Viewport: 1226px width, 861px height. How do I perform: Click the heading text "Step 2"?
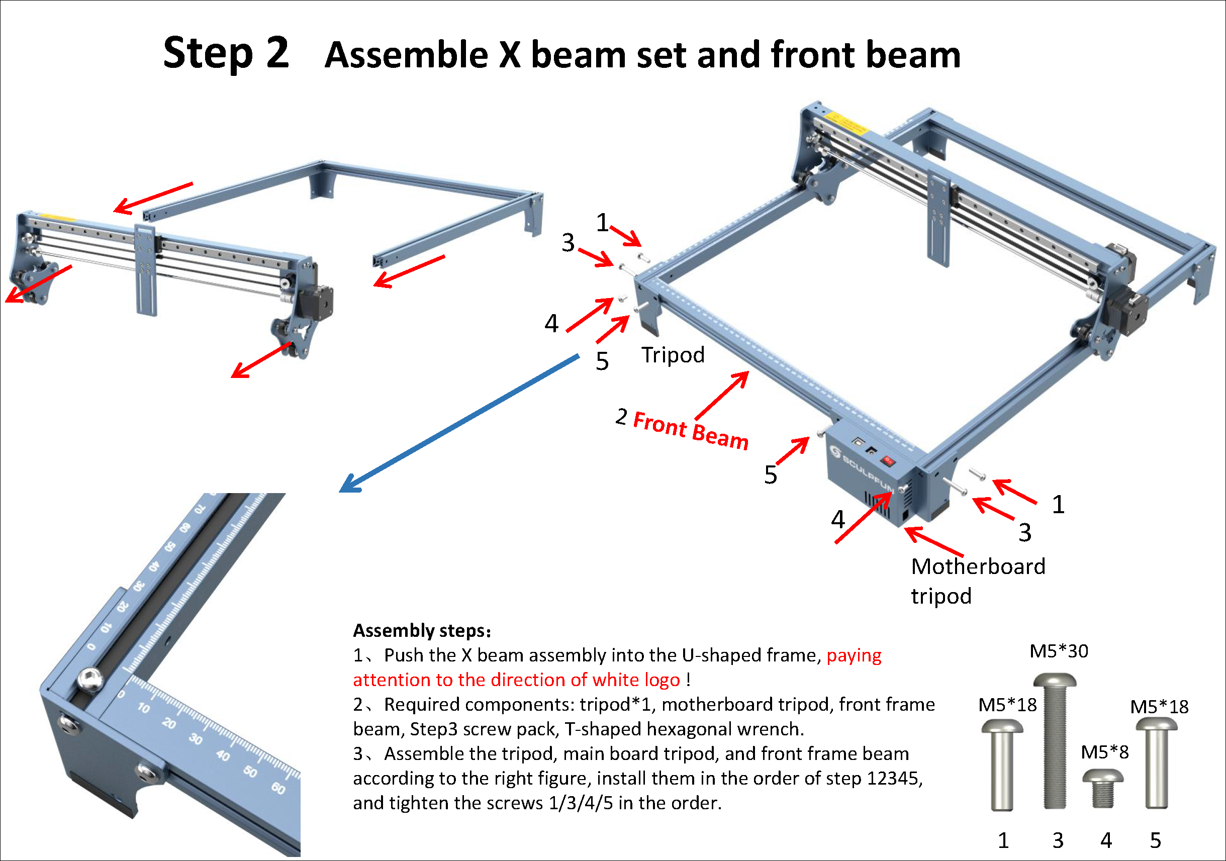pyautogui.click(x=226, y=54)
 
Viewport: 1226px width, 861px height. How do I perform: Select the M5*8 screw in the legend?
pyautogui.click(x=1103, y=789)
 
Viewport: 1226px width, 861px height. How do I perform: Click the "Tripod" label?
pyautogui.click(x=673, y=355)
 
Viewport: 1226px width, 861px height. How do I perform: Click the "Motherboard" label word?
pyautogui.click(x=978, y=566)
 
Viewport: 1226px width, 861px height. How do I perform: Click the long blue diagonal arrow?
pyautogui.click(x=459, y=423)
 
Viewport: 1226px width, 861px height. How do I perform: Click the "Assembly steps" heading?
pyautogui.click(x=422, y=631)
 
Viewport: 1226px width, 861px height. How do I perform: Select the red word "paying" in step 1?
pyautogui.click(x=854, y=656)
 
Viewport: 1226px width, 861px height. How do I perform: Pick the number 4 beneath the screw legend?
pyautogui.click(x=1106, y=841)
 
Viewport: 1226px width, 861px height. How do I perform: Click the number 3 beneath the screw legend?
pyautogui.click(x=1058, y=841)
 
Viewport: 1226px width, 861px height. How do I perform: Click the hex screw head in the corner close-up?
pyautogui.click(x=89, y=680)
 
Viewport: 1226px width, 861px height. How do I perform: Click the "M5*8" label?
pyautogui.click(x=1105, y=752)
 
